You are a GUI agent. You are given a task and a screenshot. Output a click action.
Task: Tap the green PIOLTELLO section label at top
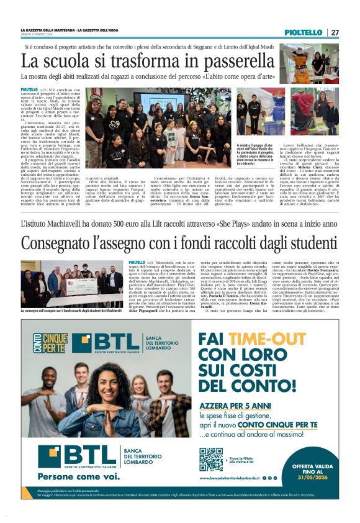[x=308, y=32]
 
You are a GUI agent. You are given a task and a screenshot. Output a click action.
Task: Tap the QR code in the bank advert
[x=211, y=458]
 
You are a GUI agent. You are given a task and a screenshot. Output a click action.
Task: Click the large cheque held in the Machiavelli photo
[x=81, y=286]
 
